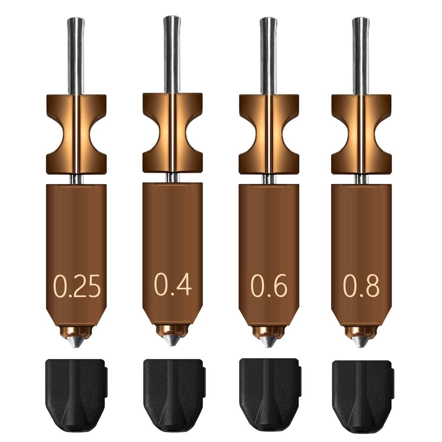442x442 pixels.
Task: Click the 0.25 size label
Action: [x=77, y=286]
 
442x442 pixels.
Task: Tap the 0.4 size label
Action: [x=173, y=284]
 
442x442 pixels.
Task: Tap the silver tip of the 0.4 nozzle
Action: [x=172, y=339]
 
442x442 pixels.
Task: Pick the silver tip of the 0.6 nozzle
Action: [x=268, y=341]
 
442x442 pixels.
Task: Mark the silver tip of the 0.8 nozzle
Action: [x=361, y=341]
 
